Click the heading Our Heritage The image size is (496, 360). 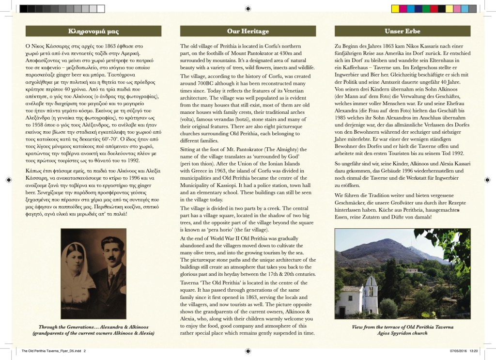coord(248,31)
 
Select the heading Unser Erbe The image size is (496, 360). coord(402,31)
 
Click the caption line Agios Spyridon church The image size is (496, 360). coord(402,333)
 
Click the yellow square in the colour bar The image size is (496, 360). coord(395,9)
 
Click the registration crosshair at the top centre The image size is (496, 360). coord(248,8)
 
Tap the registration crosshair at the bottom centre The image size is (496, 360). coord(248,351)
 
